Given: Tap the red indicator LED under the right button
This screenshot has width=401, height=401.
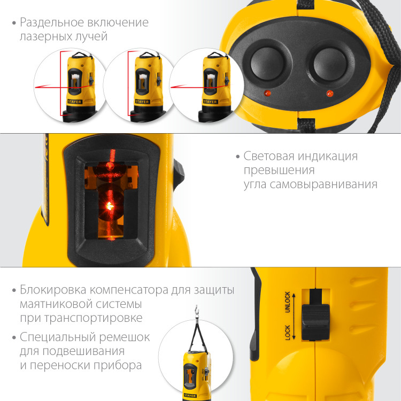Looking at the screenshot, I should click(329, 94).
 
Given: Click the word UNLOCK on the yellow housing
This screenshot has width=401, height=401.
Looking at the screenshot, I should click(287, 303).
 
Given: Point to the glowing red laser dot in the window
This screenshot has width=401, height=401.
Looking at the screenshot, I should click(109, 205).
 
